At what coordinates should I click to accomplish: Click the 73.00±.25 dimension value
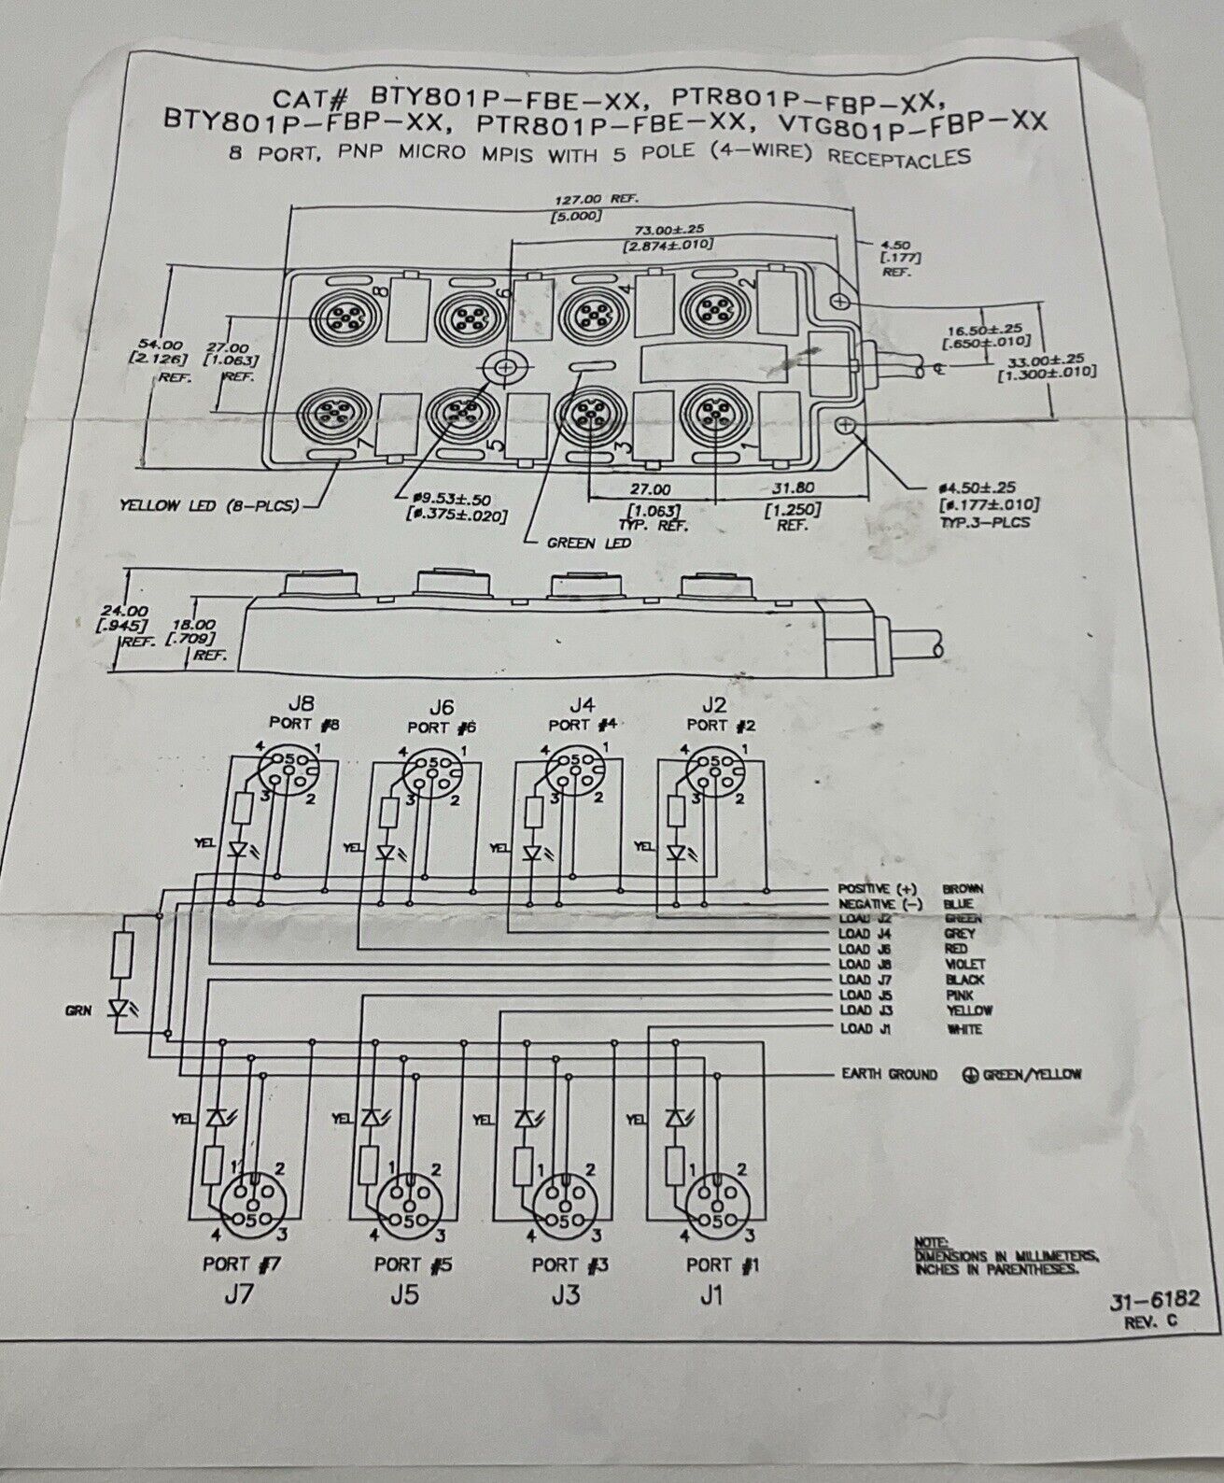tap(668, 229)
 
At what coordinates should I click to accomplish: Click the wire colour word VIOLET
tap(964, 964)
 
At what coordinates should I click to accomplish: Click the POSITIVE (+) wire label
tap(872, 889)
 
